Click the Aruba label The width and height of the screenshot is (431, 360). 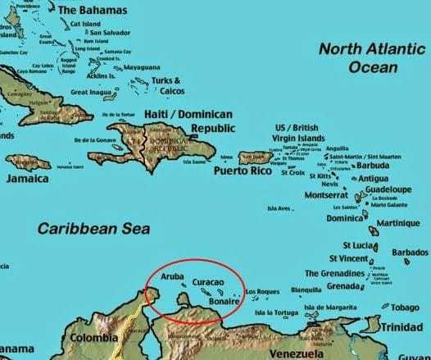[x=173, y=278]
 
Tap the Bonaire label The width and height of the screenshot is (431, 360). [x=224, y=302]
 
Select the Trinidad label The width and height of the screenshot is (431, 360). [x=402, y=326]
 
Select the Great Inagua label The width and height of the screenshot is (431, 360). [x=91, y=93]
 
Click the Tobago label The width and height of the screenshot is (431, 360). [x=405, y=308]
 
